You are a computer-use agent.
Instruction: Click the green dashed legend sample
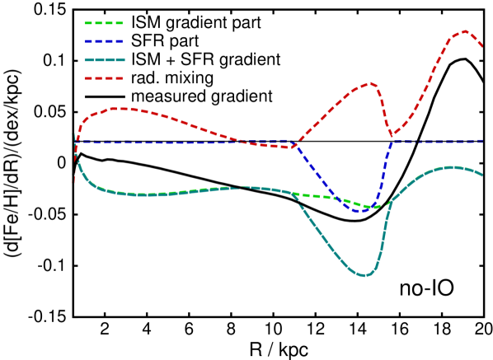pos(104,23)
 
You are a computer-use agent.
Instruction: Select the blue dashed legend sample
pos(104,41)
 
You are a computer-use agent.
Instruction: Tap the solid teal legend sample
pos(104,59)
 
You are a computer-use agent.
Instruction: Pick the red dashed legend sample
pos(104,78)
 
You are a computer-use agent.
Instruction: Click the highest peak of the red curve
pos(465,31)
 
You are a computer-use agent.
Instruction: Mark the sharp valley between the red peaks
pos(393,135)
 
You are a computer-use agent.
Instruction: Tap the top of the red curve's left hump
pos(121,108)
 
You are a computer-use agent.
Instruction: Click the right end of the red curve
pos(482,46)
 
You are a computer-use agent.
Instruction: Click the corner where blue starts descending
pos(294,142)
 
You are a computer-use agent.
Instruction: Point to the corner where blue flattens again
pos(392,142)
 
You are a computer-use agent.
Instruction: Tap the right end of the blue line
pos(482,141)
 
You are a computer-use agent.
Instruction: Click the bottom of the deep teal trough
pos(364,275)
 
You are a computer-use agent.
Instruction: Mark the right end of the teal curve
pos(482,175)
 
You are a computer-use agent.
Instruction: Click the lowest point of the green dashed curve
pos(369,208)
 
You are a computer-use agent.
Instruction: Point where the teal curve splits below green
pos(294,195)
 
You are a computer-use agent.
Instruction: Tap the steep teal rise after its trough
pos(383,235)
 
